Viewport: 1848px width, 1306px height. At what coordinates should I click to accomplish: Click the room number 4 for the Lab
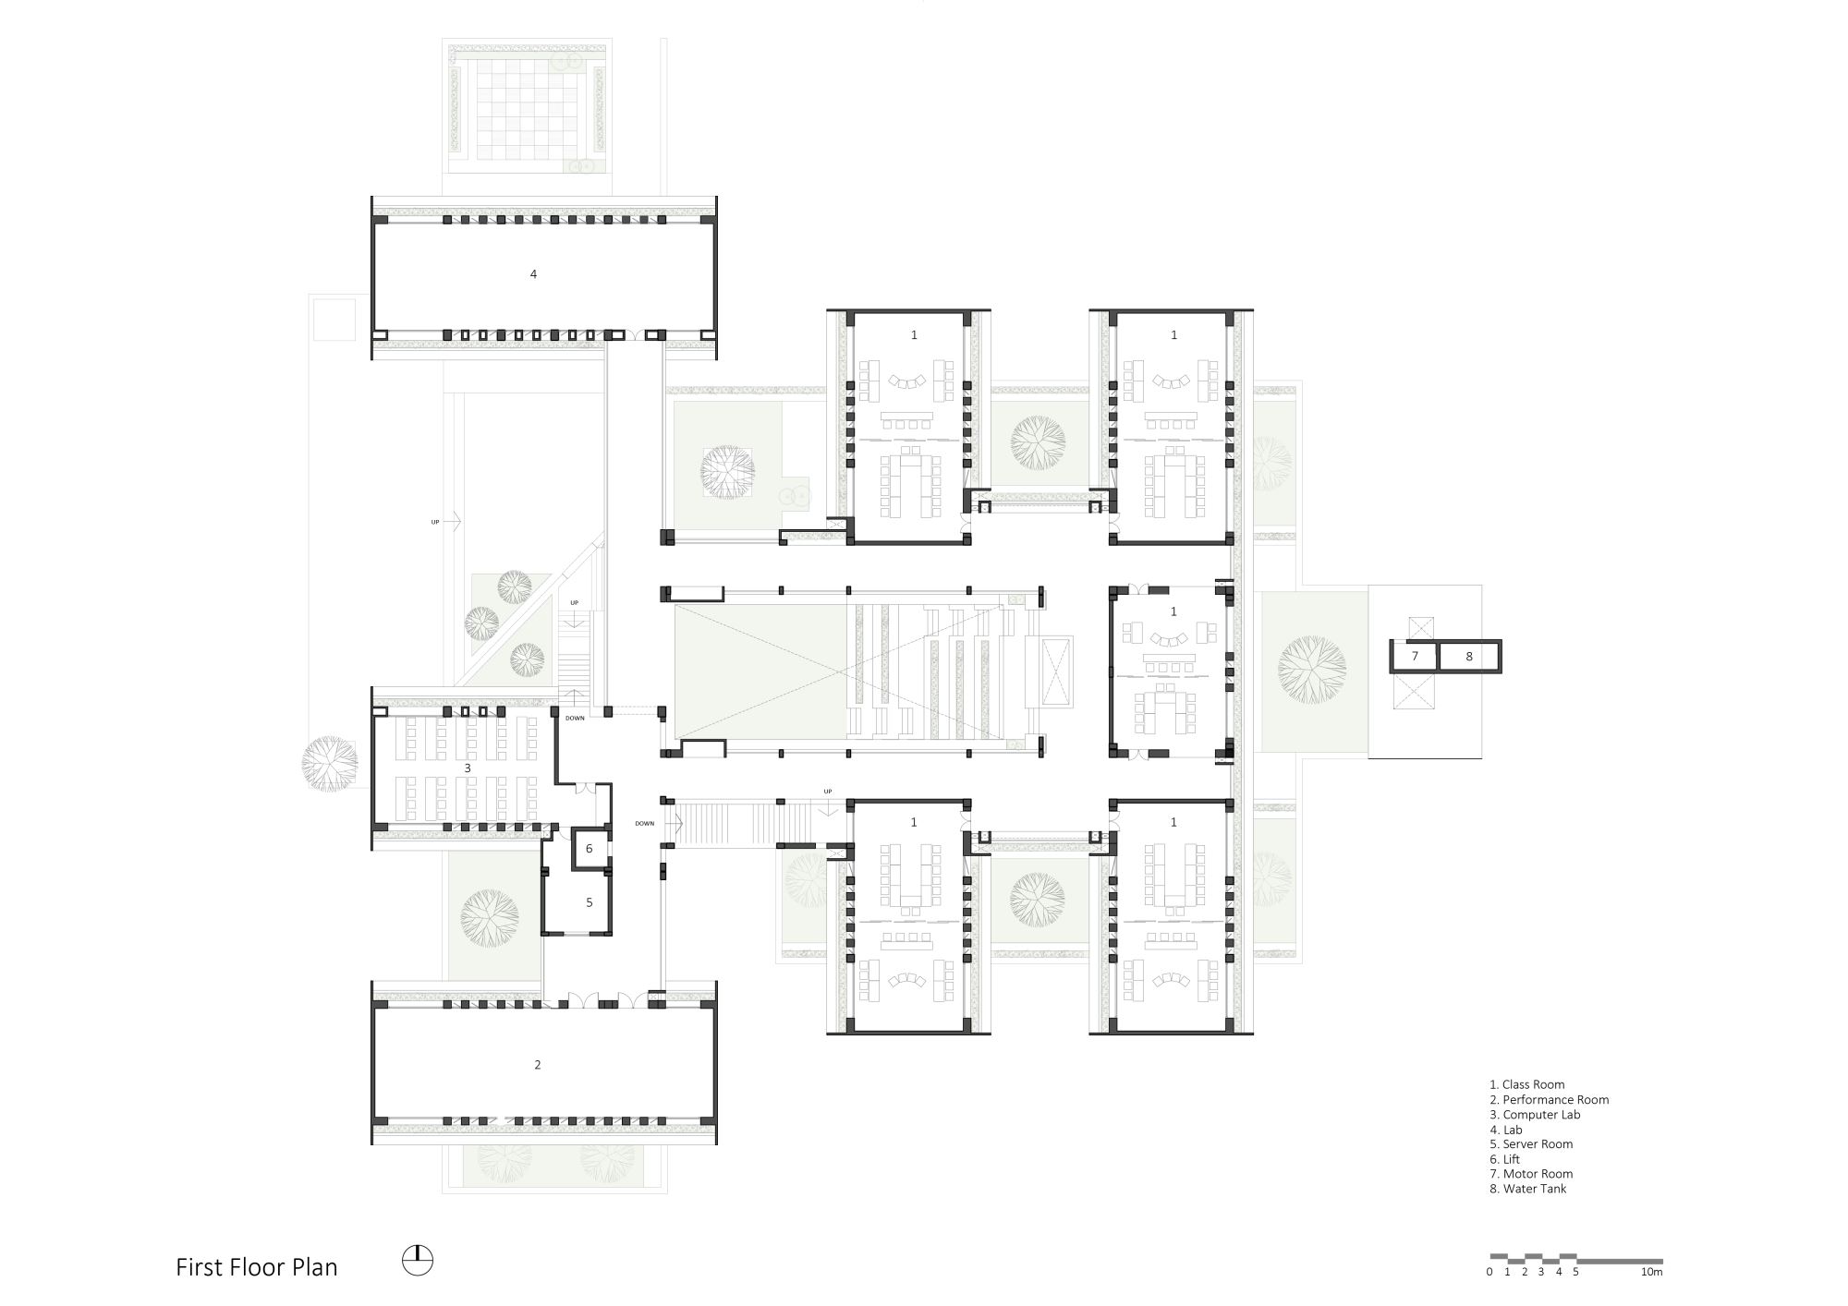(533, 274)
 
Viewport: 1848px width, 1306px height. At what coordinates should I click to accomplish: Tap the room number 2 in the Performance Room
(538, 1065)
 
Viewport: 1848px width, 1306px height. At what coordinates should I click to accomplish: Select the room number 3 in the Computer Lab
(468, 768)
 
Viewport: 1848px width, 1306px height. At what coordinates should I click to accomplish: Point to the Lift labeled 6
(589, 849)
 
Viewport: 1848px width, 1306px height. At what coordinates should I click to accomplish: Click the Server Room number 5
(590, 902)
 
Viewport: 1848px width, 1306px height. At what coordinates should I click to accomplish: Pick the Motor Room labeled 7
(1415, 657)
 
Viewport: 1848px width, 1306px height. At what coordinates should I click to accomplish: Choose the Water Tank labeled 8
(1469, 657)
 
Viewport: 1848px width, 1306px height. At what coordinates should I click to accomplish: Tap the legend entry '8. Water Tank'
(1528, 1190)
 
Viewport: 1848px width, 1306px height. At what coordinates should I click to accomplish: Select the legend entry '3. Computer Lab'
(1535, 1115)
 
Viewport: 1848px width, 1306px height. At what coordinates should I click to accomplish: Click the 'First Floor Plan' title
(257, 1267)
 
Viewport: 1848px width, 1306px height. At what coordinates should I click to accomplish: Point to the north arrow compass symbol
(418, 1261)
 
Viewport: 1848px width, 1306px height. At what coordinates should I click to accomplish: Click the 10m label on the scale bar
(1652, 1272)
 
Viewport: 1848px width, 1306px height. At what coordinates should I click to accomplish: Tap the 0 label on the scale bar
(1489, 1272)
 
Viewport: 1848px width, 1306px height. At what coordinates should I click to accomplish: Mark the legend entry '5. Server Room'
(1531, 1144)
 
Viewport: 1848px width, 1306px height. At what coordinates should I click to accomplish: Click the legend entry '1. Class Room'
(1527, 1085)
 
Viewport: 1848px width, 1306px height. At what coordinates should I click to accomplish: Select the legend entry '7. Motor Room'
(1531, 1175)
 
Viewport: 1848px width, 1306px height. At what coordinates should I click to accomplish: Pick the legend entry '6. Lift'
(1504, 1159)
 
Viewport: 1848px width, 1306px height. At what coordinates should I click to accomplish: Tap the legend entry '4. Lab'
(1506, 1130)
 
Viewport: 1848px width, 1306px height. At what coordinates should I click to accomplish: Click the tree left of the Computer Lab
(329, 764)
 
